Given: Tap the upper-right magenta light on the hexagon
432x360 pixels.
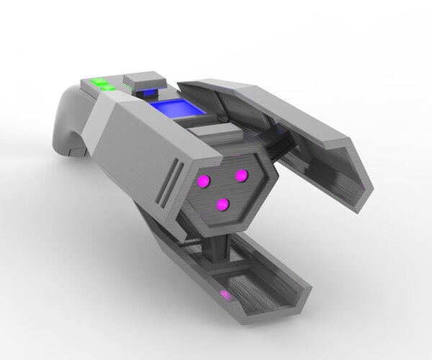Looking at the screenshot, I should pos(242,175).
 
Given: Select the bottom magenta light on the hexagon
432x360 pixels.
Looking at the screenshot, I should pos(223,204).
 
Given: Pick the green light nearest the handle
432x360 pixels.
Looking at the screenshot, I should pos(99,82).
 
